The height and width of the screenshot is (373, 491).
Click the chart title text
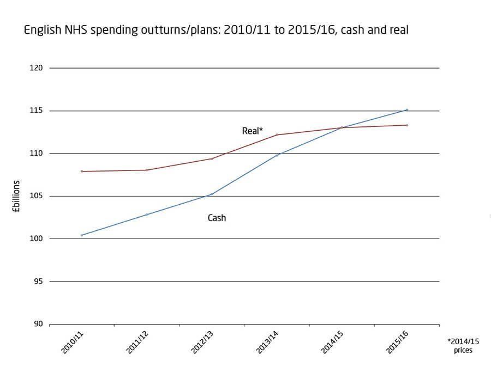[x=216, y=30]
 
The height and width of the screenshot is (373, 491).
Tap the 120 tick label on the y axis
[x=37, y=68]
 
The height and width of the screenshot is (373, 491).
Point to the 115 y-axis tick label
[x=37, y=111]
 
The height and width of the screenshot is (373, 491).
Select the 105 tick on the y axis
[x=37, y=196]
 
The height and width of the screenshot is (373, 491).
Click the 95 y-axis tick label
[x=38, y=282]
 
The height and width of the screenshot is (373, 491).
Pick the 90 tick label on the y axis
[x=38, y=324]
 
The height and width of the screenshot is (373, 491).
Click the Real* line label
[x=252, y=131]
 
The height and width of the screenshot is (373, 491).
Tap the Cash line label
[x=217, y=218]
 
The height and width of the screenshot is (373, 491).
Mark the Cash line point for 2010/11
[x=82, y=235]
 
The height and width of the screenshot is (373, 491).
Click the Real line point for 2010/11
[x=82, y=172]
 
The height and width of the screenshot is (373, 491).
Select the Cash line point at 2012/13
[x=212, y=194]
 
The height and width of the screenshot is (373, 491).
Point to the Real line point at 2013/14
[x=277, y=134]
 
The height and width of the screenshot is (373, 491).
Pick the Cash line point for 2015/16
[x=407, y=109]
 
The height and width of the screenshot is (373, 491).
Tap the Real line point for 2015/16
[x=407, y=125]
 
